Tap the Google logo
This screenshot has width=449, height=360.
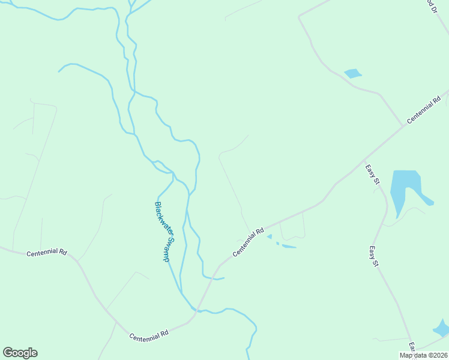(20, 353)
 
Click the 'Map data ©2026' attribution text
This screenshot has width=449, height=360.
(423, 355)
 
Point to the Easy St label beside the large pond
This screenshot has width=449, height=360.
(373, 174)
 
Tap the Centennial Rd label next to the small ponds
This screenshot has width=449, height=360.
(249, 242)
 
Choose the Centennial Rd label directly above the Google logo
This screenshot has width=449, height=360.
(46, 253)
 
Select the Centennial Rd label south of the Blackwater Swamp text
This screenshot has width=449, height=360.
(149, 336)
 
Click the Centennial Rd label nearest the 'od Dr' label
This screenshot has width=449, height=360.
(426, 109)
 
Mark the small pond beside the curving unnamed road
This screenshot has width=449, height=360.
(353, 74)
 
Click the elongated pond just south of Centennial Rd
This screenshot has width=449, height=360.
(288, 246)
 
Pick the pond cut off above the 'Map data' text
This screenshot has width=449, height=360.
(442, 328)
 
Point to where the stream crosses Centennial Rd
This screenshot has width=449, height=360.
(193, 309)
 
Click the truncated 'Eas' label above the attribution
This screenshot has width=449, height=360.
(413, 347)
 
